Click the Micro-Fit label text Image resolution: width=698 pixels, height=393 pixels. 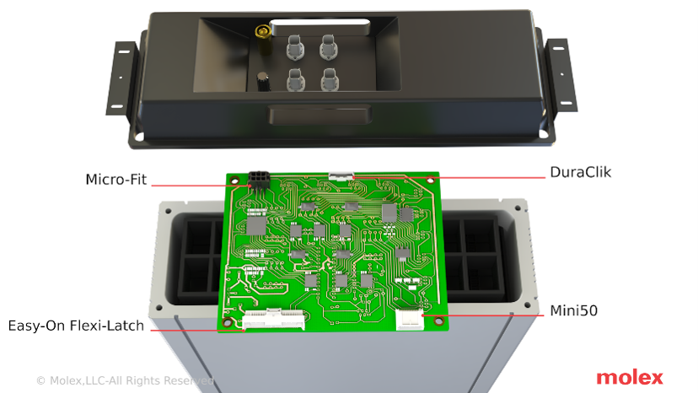(115, 179)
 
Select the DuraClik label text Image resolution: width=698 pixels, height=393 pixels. (581, 172)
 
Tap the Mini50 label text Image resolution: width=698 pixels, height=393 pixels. (573, 310)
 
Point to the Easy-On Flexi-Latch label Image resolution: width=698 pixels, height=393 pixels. (76, 326)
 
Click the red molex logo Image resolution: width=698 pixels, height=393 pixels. (630, 378)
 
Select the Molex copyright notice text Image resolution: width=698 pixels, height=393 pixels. (125, 380)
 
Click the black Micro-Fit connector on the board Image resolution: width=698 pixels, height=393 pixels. (259, 180)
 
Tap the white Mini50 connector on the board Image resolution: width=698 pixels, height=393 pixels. (410, 320)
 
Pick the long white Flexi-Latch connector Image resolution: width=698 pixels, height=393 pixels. (274, 320)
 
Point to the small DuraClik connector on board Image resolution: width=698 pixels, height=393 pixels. (341, 175)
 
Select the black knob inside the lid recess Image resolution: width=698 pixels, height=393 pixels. (263, 82)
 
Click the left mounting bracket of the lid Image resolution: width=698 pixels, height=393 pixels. (121, 78)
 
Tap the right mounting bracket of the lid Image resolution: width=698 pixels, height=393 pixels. (561, 75)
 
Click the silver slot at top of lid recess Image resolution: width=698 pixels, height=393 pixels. (319, 27)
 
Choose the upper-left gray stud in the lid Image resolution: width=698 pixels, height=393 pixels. (294, 47)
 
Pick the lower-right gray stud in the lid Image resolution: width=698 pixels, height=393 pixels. (330, 80)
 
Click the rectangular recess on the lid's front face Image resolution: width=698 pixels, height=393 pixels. (319, 115)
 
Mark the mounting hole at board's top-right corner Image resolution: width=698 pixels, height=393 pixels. (430, 180)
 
